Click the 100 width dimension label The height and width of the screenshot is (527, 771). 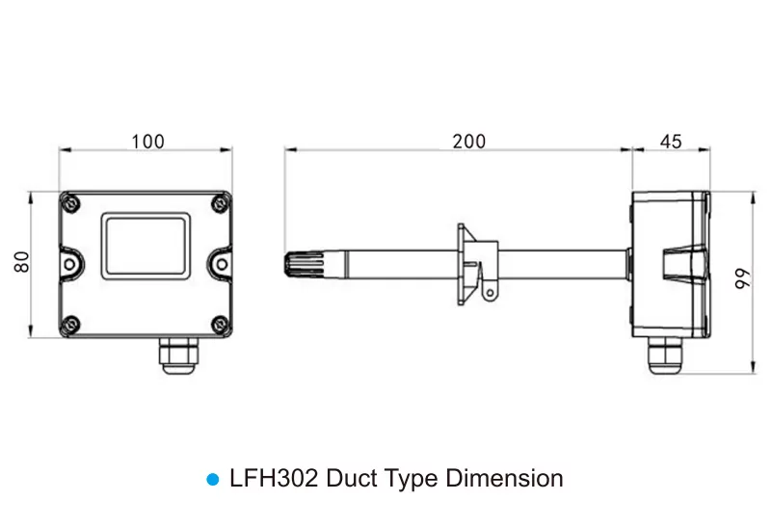147,142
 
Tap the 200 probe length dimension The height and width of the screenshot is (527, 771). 469,142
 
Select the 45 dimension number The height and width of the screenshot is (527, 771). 671,142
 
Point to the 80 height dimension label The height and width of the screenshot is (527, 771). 22,261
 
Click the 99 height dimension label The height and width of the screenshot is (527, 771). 742,278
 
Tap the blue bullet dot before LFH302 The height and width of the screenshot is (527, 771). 213,480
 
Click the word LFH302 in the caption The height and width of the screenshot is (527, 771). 274,478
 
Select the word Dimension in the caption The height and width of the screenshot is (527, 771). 504,478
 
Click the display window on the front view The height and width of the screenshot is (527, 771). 146,247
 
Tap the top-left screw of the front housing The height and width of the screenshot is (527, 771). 71,203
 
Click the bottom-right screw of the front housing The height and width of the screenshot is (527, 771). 220,324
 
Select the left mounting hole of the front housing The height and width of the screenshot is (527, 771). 69,265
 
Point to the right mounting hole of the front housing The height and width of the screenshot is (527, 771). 222,265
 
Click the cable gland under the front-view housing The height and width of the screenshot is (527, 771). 178,356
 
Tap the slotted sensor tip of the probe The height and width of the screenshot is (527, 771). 304,266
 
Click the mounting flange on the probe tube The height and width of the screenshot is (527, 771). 477,265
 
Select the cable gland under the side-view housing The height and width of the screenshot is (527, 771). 666,356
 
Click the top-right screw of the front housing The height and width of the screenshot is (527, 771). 220,203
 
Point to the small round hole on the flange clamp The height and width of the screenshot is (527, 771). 490,294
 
